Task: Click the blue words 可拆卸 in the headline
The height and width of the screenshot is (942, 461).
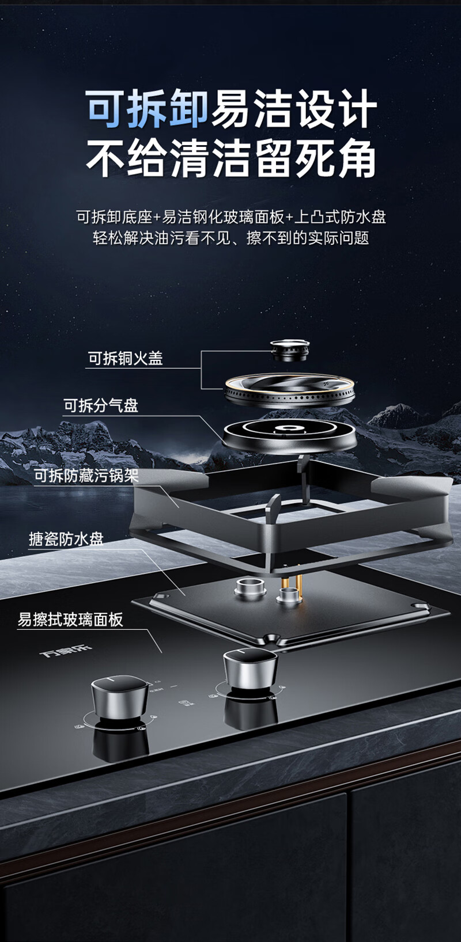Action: [148, 109]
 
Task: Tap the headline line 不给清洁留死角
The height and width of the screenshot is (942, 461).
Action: [231, 158]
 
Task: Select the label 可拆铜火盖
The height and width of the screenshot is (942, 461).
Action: [125, 358]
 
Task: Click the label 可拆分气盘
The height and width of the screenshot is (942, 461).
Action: [101, 405]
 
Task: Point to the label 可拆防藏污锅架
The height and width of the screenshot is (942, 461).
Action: [86, 476]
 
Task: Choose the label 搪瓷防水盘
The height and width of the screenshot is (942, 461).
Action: [66, 539]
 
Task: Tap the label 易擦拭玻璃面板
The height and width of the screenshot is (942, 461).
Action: [70, 620]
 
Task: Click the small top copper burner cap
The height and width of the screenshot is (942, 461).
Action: [290, 349]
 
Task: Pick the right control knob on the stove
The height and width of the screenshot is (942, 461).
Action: [250, 668]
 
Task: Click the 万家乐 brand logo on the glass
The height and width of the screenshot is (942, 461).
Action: [66, 652]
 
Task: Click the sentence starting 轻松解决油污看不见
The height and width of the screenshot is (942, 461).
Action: [231, 238]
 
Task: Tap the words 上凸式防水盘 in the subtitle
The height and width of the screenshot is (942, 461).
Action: [339, 217]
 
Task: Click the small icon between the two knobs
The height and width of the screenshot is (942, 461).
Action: [183, 703]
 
